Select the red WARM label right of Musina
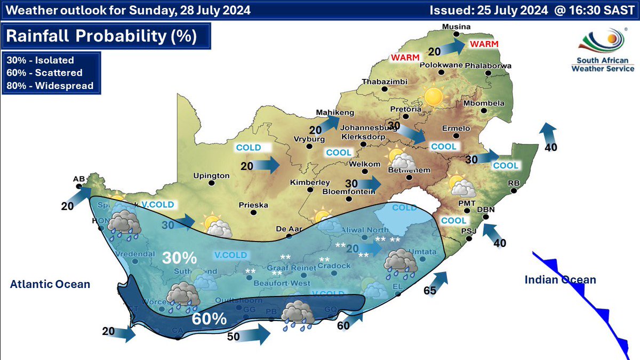484,44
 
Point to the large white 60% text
209,319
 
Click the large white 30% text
180,258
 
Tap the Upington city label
211,175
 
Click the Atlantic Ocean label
50,284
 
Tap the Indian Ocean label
560,280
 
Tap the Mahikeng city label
335,113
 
